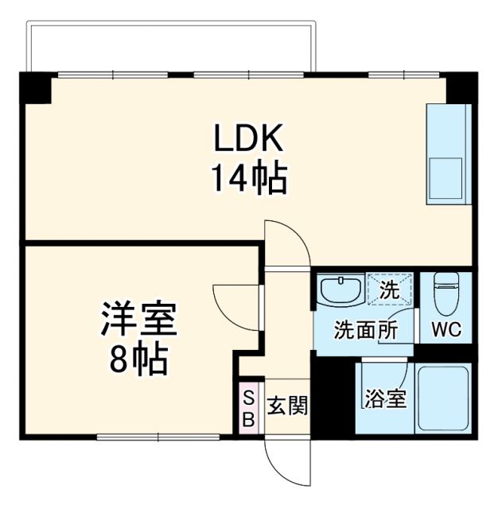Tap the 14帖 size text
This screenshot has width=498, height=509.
tap(248, 180)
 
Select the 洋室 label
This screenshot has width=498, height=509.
tap(138, 320)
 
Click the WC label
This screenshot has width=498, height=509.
tap(445, 329)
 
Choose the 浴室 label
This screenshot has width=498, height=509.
tap(385, 398)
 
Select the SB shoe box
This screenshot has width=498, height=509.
tap(248, 408)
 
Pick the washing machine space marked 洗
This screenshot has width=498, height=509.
tap(390, 289)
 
